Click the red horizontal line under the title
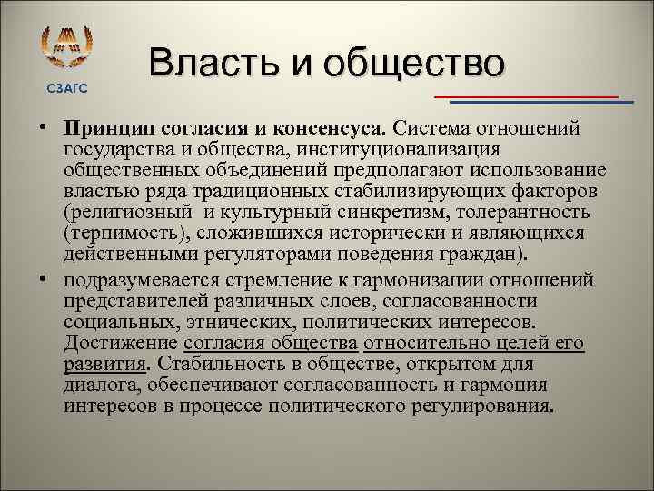(x=526, y=95)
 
